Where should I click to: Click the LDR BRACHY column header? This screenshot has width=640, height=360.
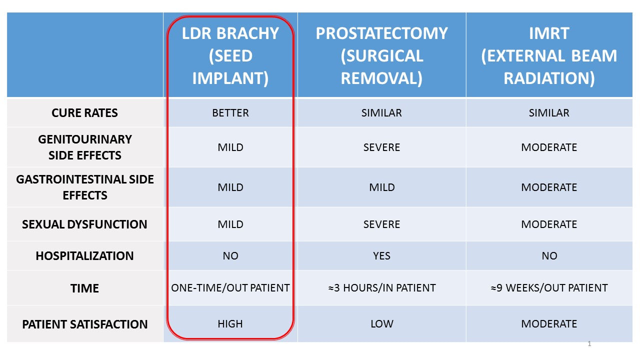pos(230,55)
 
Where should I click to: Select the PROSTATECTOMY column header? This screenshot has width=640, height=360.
pos(381,55)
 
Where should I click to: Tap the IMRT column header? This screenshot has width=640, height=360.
pos(549,55)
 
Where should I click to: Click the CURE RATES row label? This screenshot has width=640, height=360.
pos(84,113)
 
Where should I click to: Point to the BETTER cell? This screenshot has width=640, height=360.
pos(230,113)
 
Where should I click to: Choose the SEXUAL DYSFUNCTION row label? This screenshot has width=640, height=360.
pos(84,224)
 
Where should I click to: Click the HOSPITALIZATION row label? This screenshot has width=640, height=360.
pos(84,255)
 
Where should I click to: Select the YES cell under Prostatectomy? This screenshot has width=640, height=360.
pos(381,255)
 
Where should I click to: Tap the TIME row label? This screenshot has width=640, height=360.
pos(84,288)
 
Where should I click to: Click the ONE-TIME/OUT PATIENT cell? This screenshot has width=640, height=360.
pos(230,287)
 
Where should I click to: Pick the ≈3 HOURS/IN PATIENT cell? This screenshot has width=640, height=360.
pos(381,287)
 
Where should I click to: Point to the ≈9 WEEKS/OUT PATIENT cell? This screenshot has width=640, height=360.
pos(549,287)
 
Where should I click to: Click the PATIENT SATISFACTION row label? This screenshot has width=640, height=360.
pos(84,324)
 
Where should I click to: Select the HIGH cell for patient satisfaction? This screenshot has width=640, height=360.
pos(230,323)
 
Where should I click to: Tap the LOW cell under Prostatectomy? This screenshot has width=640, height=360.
pos(381,323)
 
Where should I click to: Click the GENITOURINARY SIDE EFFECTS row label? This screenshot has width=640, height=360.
pos(84,147)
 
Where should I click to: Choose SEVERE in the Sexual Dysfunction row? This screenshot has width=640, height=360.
pos(381,224)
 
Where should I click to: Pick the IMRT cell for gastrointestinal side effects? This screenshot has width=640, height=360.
pos(549,187)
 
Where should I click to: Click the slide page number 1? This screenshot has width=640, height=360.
pos(589,343)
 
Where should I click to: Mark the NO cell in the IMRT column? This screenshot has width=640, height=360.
pos(549,255)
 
